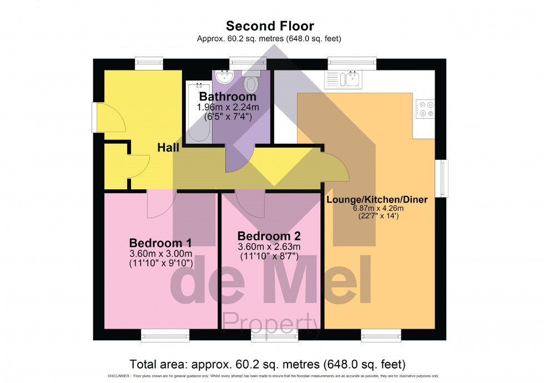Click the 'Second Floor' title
[269, 26]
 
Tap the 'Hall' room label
[168, 148]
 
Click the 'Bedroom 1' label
[160, 243]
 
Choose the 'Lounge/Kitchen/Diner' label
[377, 200]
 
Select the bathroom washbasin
[224, 76]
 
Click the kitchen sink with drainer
[344, 79]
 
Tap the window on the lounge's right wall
[442, 178]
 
